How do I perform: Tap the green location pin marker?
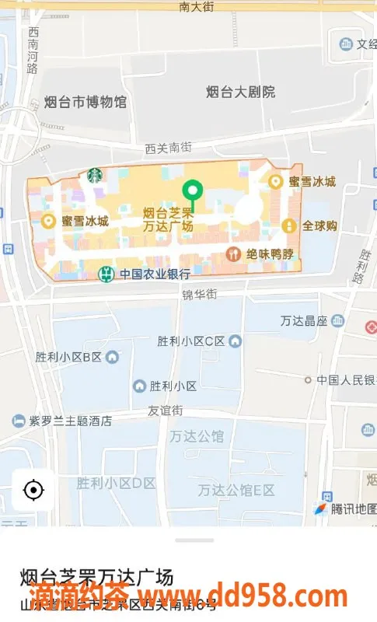(x=191, y=190)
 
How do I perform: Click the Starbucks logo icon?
(x=94, y=175)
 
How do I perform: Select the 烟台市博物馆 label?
(x=85, y=101)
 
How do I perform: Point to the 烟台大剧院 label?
(x=241, y=92)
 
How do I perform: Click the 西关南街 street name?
(x=168, y=146)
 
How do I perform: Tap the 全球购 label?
(x=319, y=225)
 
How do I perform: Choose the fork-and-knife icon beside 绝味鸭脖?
(x=232, y=253)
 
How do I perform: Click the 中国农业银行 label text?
(x=155, y=274)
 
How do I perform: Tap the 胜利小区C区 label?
(x=190, y=341)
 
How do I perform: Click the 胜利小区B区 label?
(x=68, y=357)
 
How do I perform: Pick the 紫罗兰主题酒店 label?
(x=70, y=421)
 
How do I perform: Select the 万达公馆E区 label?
(x=236, y=490)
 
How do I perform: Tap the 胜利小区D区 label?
(x=116, y=483)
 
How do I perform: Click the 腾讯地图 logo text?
(x=354, y=509)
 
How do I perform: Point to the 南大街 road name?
(x=196, y=6)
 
